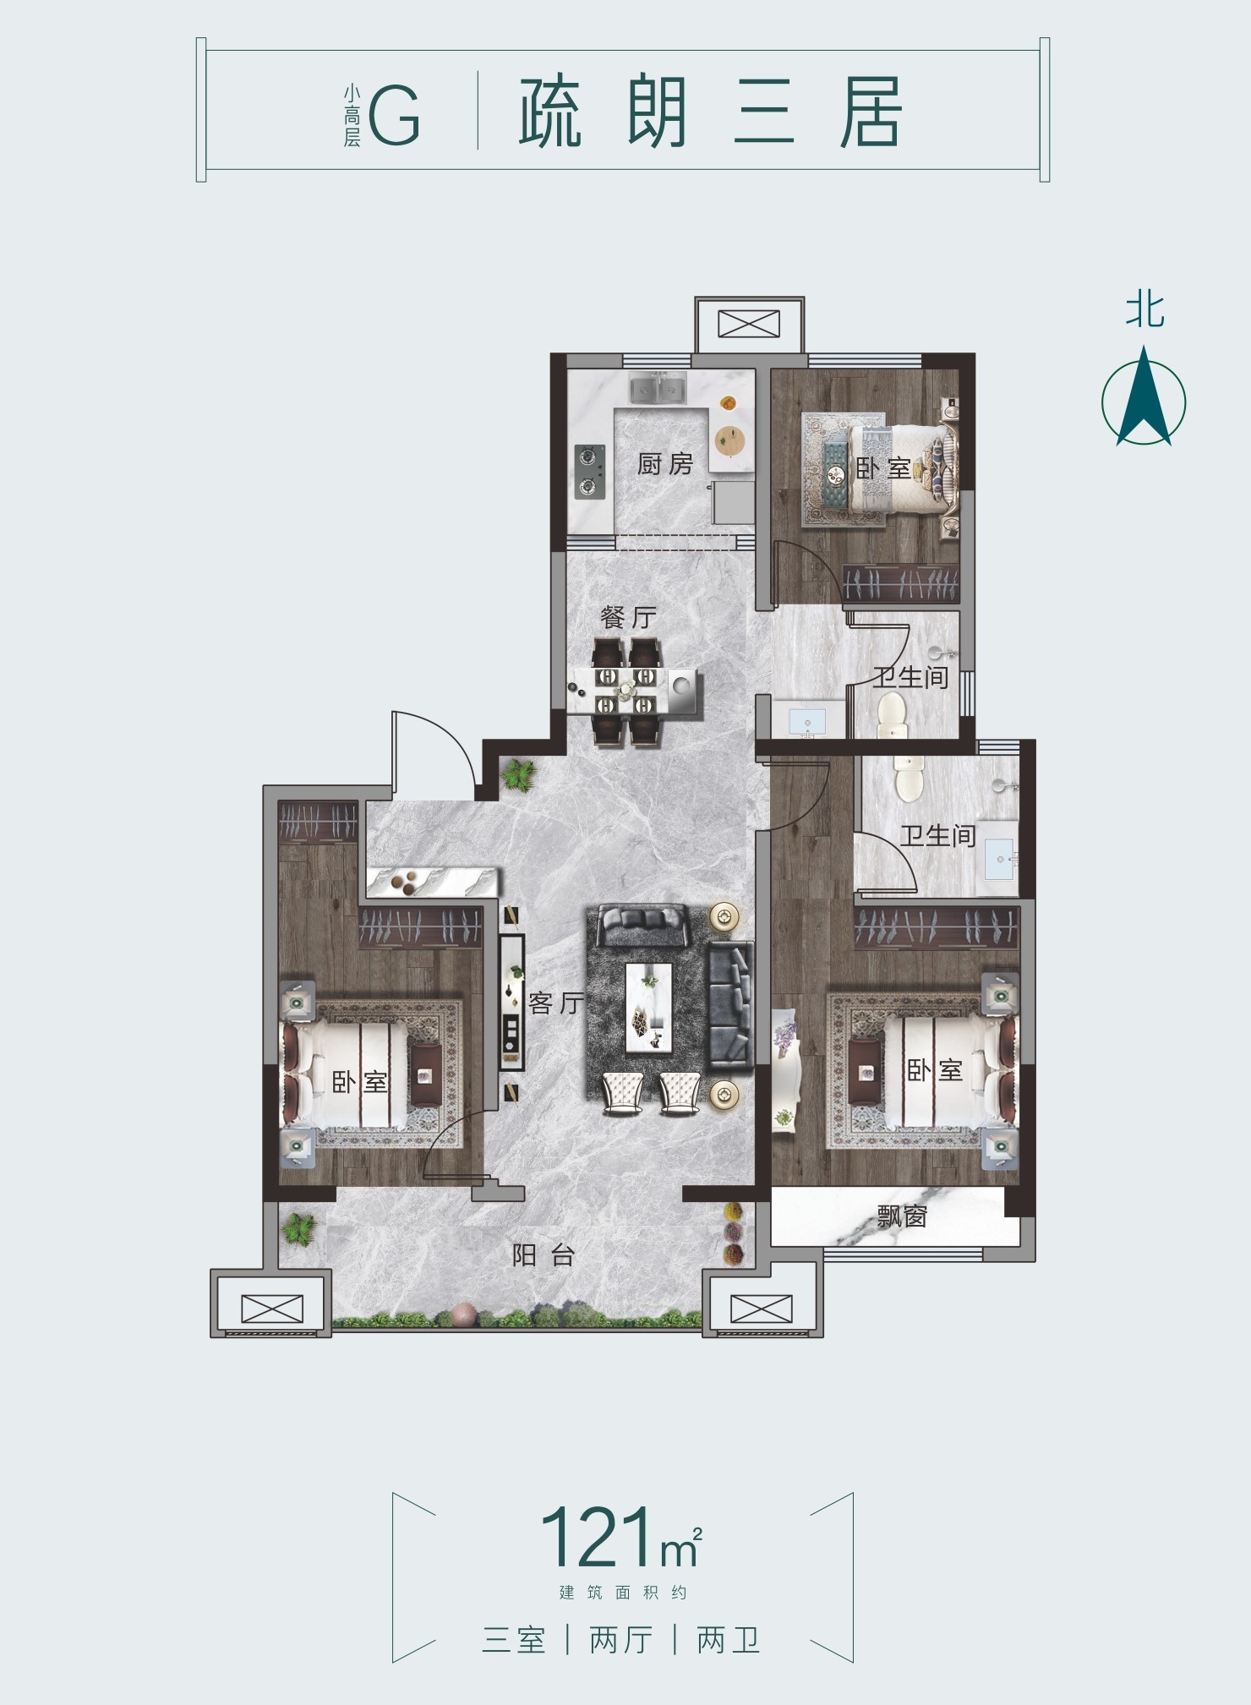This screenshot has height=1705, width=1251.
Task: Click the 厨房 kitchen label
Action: click(664, 463)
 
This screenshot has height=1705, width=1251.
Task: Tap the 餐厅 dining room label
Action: click(628, 617)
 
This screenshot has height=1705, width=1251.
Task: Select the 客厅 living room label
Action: click(555, 1003)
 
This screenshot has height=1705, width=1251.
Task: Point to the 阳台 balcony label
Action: click(544, 1254)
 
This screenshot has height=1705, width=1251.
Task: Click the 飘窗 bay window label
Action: click(903, 1216)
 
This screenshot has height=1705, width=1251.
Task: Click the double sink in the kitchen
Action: click(658, 389)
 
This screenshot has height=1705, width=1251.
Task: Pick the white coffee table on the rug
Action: click(649, 1006)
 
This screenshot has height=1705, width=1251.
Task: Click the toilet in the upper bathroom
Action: click(891, 713)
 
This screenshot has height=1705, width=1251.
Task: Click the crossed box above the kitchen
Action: click(749, 324)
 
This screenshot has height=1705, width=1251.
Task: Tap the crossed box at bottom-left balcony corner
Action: click(271, 1309)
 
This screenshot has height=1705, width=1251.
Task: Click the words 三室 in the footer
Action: click(514, 1640)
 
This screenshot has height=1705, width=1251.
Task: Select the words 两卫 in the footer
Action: click(729, 1640)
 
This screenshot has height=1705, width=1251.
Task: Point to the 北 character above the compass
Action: click(1144, 309)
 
